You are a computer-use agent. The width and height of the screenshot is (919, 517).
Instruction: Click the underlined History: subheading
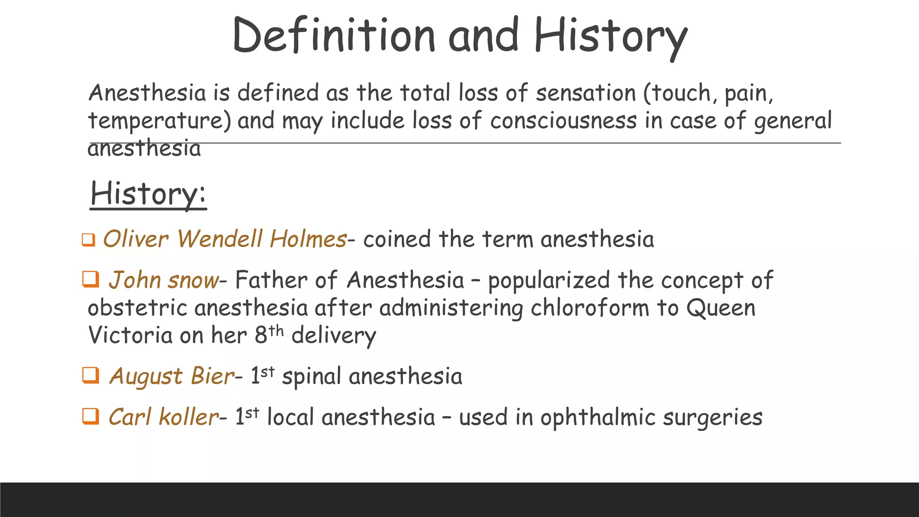[x=148, y=194]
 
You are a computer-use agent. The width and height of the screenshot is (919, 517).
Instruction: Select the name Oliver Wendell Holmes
[x=224, y=239]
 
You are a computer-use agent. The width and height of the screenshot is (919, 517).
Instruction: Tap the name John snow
[x=163, y=280]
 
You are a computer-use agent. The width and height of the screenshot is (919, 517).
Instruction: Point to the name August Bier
[x=171, y=376]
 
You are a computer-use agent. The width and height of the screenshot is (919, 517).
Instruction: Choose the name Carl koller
[x=163, y=417]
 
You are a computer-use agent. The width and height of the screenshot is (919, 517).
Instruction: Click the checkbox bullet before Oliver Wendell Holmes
[x=88, y=240]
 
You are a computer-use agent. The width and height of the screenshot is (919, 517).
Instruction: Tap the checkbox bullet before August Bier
[x=91, y=375]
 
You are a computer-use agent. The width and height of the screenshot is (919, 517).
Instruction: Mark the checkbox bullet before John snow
[x=91, y=279]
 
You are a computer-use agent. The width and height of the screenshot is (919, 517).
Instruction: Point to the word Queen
[x=721, y=308]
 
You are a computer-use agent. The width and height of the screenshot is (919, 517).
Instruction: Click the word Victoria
[x=130, y=335]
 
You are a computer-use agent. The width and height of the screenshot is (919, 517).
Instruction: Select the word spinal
[x=311, y=376]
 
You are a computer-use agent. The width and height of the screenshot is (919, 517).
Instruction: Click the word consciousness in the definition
[x=563, y=121]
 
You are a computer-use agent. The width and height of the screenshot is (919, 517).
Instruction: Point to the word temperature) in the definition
[x=159, y=121]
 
